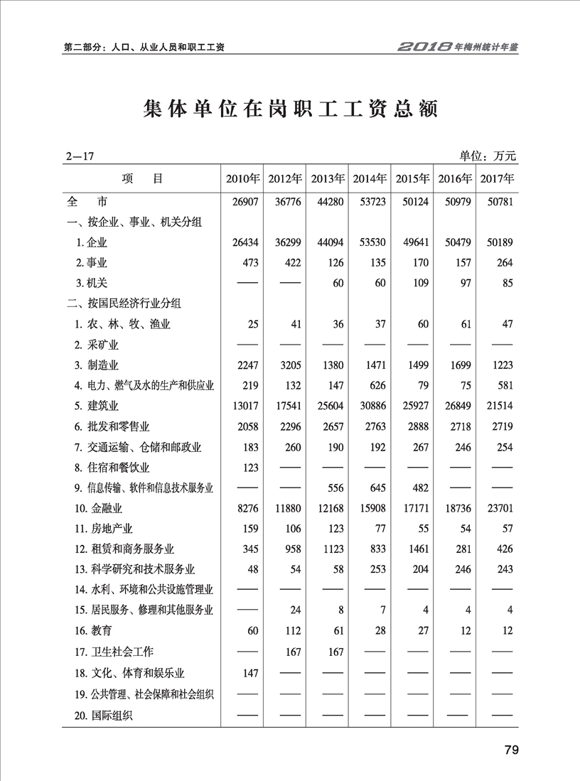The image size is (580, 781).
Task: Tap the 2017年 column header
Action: click(497, 179)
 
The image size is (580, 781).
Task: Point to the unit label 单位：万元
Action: click(488, 156)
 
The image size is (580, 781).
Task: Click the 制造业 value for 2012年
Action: click(289, 365)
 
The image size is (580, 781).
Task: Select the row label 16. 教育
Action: click(92, 631)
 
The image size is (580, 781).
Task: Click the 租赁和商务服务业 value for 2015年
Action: click(415, 549)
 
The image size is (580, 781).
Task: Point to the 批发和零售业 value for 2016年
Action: click(458, 426)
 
